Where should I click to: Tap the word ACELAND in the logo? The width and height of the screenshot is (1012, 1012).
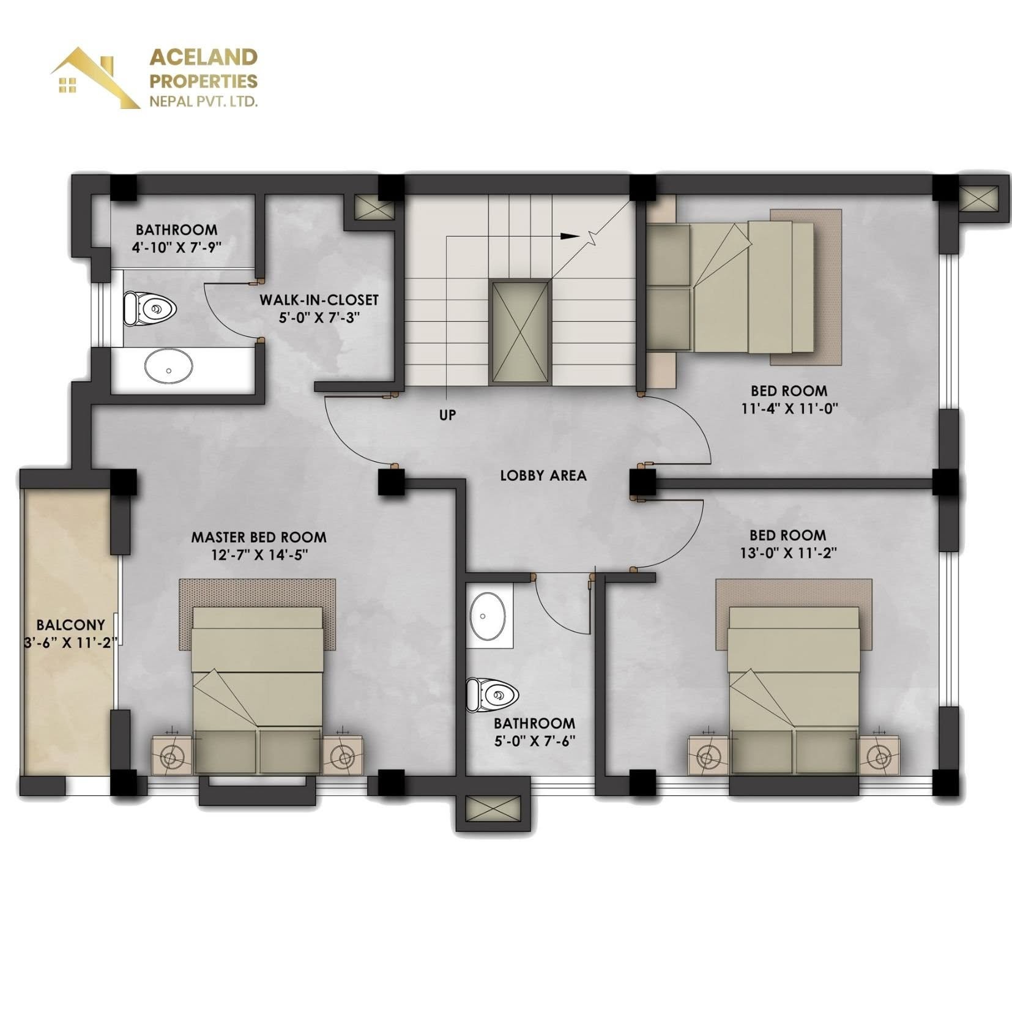[204, 58]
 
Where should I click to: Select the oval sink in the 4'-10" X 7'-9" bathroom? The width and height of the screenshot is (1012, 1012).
[169, 366]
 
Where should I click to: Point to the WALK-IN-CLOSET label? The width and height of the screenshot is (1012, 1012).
[319, 300]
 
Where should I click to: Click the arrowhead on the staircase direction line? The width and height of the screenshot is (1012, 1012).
[570, 236]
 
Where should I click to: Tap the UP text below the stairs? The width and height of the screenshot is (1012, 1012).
[447, 415]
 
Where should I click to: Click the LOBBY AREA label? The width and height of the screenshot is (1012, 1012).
[543, 475]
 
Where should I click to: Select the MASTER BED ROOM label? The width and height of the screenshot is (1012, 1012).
[259, 537]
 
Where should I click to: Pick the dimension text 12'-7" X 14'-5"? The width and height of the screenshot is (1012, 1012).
[258, 555]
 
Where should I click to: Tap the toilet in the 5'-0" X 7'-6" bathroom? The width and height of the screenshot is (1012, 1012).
[493, 694]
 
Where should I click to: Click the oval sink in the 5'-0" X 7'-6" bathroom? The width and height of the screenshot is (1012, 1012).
[488, 616]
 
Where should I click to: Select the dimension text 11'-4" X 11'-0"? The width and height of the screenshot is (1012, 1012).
[789, 408]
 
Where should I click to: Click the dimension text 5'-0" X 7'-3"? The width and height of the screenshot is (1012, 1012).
[319, 318]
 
